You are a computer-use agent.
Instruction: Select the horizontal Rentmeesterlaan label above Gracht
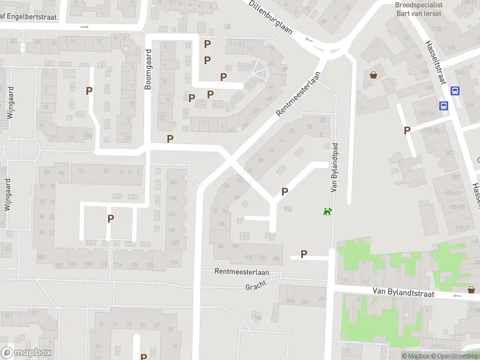(242, 272)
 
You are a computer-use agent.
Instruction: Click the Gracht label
(256, 287)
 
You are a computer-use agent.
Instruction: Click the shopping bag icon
(374, 75)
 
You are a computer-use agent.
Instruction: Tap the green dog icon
(328, 211)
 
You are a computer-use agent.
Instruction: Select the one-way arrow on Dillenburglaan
(309, 40)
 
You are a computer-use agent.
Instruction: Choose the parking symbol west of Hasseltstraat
(407, 130)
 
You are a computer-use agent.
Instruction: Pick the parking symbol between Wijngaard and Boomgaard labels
(89, 91)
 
